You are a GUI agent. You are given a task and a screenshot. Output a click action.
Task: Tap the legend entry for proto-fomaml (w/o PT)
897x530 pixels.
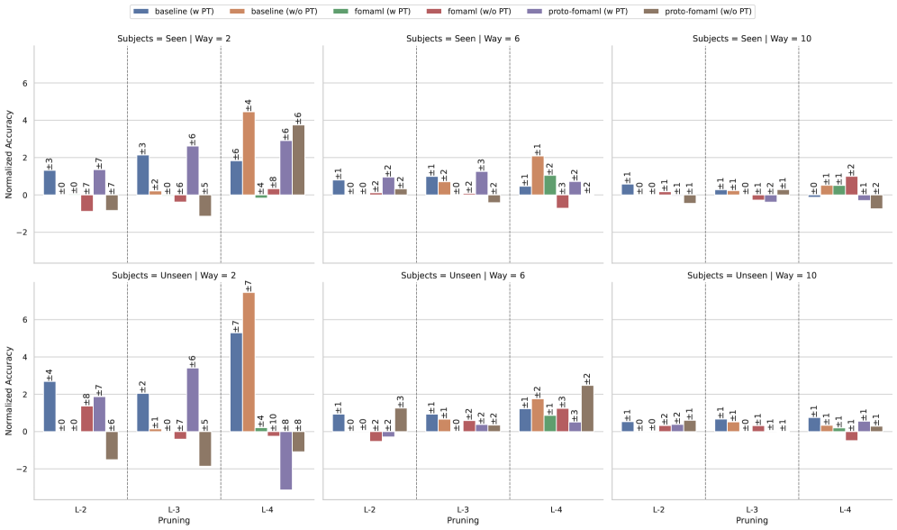coord(706,11)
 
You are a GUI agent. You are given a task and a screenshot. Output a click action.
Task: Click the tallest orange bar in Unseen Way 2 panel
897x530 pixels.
coord(249,361)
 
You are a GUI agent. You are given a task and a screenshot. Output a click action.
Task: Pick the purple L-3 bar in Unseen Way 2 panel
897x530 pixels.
coord(193,399)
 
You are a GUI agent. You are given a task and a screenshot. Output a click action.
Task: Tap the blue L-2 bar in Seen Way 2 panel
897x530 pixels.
coord(50,183)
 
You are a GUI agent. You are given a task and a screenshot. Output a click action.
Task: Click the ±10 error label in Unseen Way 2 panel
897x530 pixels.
coord(274,411)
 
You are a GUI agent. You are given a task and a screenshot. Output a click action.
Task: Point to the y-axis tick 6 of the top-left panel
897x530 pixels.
coord(25,84)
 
